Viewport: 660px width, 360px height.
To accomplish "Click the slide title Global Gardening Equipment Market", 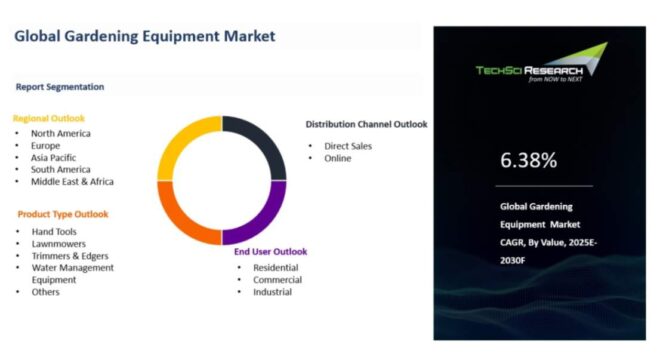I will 144,37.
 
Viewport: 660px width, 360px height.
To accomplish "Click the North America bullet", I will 60,133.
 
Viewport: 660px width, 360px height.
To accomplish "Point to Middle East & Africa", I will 72,181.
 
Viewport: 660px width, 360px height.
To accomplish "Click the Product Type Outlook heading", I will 63,214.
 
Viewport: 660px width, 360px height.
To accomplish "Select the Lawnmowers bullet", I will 58,243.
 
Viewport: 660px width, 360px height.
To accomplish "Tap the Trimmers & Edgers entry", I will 71,255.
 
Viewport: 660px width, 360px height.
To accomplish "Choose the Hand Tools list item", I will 54,231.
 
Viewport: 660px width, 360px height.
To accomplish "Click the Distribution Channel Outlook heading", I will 366,125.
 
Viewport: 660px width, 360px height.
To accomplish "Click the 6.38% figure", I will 529,160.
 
